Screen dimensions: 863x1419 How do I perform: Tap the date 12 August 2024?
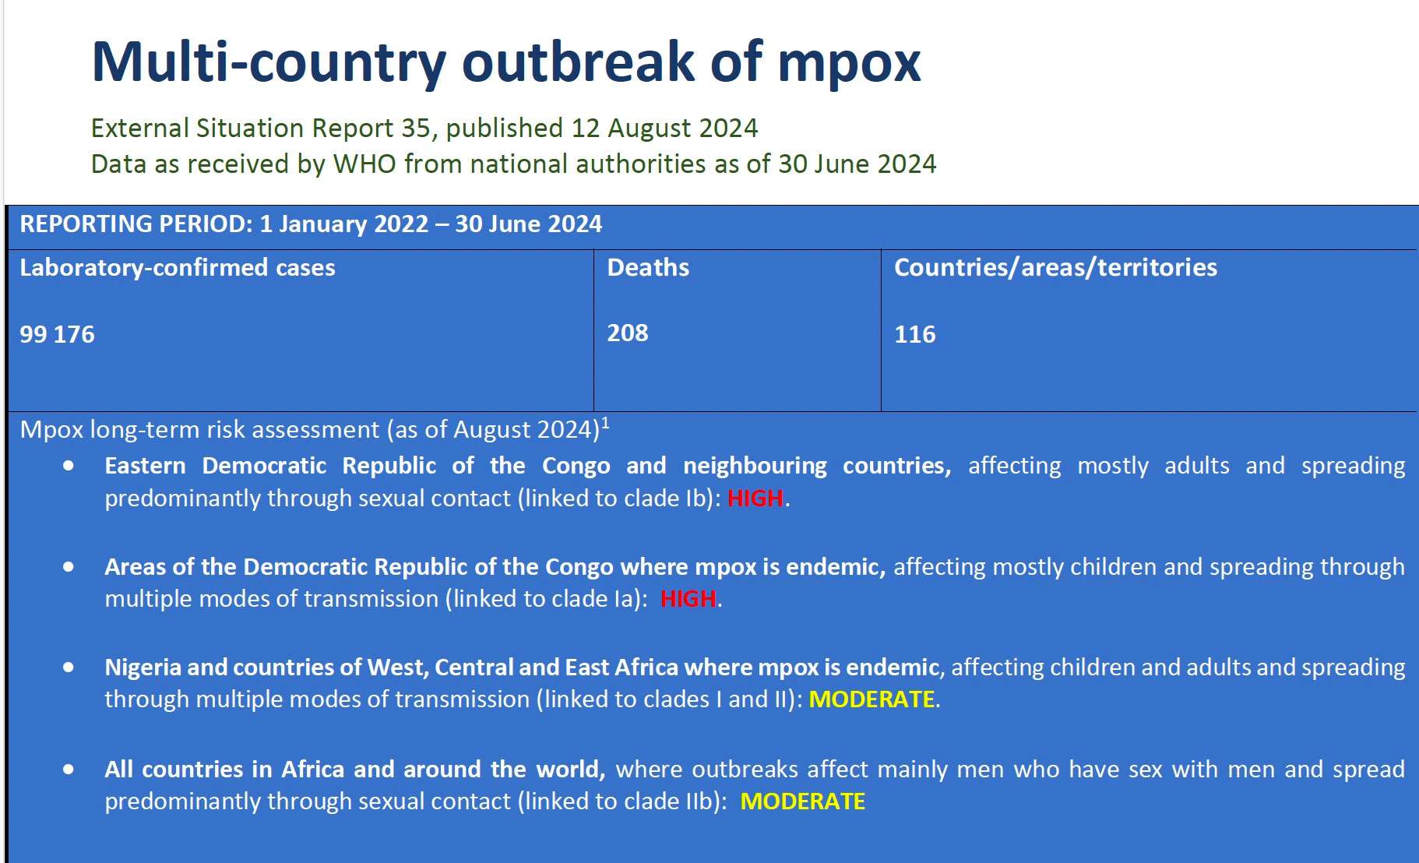[x=664, y=128]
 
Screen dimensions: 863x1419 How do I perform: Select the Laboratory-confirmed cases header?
[x=178, y=267]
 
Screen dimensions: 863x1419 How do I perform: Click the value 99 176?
[x=57, y=334]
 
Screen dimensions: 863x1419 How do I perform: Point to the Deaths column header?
[x=648, y=267]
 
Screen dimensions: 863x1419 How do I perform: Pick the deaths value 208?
[x=628, y=333]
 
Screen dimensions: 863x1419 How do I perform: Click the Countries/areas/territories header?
[x=1055, y=267]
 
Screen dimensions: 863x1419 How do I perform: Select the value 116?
[x=914, y=334]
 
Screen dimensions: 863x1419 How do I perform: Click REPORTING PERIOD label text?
[x=136, y=224]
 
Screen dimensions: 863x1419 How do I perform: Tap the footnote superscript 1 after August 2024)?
[x=606, y=423]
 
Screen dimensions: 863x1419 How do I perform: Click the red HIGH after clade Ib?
[x=755, y=498]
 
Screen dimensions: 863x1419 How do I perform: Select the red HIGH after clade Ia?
[x=688, y=599]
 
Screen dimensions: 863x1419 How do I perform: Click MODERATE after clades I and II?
[x=871, y=699]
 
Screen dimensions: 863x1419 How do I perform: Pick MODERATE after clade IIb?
[x=802, y=801]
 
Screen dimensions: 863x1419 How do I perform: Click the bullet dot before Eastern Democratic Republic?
[x=69, y=466]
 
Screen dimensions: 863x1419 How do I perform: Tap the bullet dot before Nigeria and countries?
[x=69, y=668]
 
